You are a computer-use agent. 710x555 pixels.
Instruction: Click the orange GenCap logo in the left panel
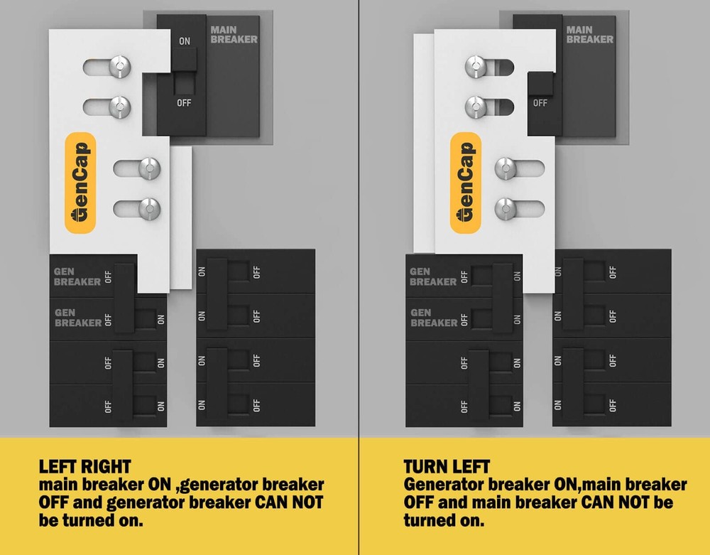click(81, 183)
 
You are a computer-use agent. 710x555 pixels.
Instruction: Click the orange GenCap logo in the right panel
click(466, 183)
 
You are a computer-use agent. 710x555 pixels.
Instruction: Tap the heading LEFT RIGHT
click(84, 467)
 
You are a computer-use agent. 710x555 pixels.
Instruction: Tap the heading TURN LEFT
click(447, 467)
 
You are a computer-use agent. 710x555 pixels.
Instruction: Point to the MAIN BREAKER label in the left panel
click(234, 35)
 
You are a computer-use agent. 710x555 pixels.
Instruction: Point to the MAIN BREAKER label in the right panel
click(589, 35)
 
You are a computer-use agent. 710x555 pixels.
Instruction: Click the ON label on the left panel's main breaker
click(185, 41)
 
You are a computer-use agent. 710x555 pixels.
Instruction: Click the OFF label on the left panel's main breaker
click(184, 103)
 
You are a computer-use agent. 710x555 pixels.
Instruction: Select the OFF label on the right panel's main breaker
click(540, 103)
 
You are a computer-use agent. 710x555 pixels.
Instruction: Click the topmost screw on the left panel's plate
click(120, 67)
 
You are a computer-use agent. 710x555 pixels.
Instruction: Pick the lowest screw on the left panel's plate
click(149, 210)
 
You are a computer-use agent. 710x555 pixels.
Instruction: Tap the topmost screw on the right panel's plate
click(476, 67)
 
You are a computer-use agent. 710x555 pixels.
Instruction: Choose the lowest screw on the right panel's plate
click(506, 210)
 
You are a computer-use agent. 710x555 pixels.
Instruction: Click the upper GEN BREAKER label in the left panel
click(77, 277)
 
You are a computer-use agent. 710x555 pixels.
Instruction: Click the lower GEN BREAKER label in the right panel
click(434, 318)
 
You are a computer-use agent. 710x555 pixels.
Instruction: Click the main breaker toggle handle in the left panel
click(184, 60)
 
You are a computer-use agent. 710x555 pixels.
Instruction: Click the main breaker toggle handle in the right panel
click(540, 84)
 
